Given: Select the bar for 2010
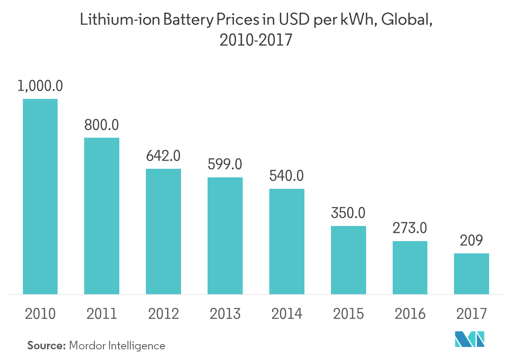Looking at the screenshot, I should pyautogui.click(x=40, y=196).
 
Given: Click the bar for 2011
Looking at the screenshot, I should pyautogui.click(x=102, y=216).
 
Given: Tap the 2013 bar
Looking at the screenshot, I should pyautogui.click(x=225, y=235).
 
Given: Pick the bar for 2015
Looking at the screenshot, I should pyautogui.click(x=348, y=260).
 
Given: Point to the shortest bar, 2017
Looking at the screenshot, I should pyautogui.click(x=472, y=273).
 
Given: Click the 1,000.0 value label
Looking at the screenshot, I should pyautogui.click(x=40, y=86).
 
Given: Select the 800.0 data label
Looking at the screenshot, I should pyautogui.click(x=102, y=125).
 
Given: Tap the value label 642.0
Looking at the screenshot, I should pyautogui.click(x=163, y=156).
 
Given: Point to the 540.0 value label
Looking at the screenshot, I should pyautogui.click(x=286, y=176).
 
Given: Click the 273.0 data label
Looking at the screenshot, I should pyautogui.click(x=410, y=228).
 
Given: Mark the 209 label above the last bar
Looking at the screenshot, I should pyautogui.click(x=472, y=240).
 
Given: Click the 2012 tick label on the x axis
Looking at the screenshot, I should pyautogui.click(x=163, y=314).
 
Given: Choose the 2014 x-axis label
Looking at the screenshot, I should pyautogui.click(x=286, y=314).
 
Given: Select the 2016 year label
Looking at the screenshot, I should pyautogui.click(x=410, y=314).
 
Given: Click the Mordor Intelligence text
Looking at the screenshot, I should pyautogui.click(x=117, y=346).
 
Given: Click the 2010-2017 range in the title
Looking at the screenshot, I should pyautogui.click(x=256, y=40).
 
